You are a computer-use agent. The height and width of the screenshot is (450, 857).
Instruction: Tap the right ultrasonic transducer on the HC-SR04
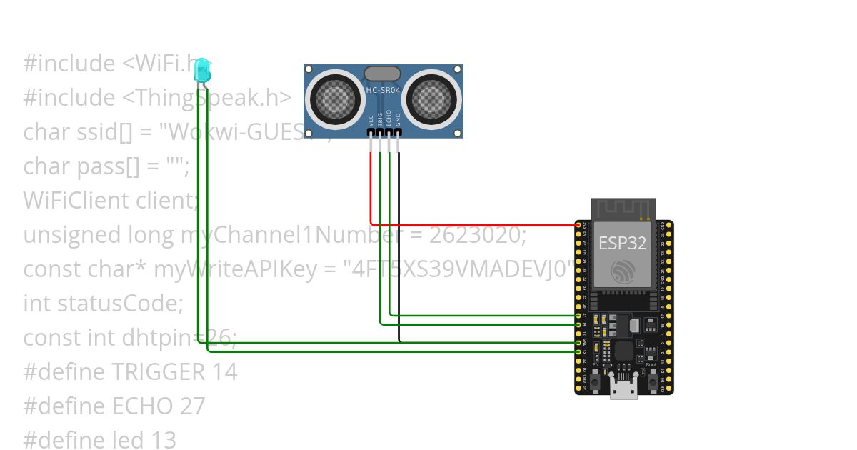pyautogui.click(x=433, y=98)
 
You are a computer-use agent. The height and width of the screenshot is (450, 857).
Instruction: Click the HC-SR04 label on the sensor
pyautogui.click(x=384, y=90)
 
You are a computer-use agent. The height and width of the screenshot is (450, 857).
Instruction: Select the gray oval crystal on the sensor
pyautogui.click(x=382, y=73)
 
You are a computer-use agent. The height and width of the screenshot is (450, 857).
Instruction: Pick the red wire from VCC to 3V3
pyautogui.click(x=471, y=224)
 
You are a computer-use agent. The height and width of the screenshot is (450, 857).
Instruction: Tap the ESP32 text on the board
pyautogui.click(x=622, y=243)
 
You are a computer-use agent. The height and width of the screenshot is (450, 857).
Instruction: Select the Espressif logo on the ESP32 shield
pyautogui.click(x=622, y=271)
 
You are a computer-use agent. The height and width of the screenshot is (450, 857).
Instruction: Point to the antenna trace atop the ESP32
pyautogui.click(x=623, y=208)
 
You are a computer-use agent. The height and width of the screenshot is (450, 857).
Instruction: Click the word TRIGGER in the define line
pyautogui.click(x=158, y=371)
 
